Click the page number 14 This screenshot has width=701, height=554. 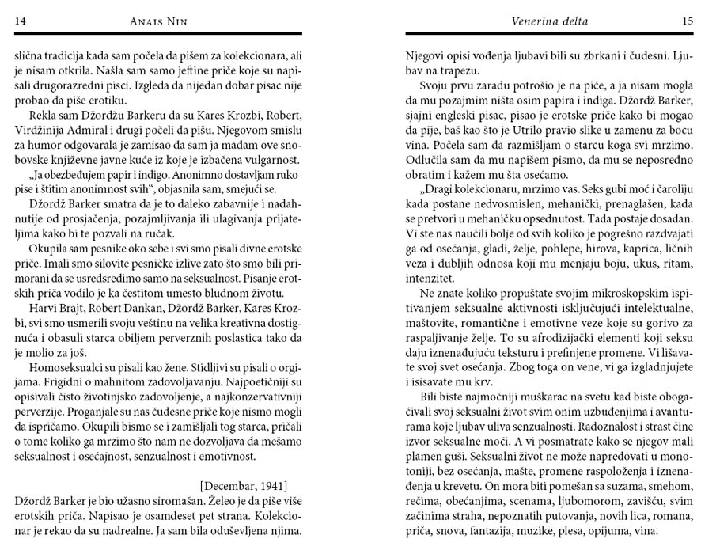click(x=21, y=22)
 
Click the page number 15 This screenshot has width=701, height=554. click(x=686, y=22)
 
